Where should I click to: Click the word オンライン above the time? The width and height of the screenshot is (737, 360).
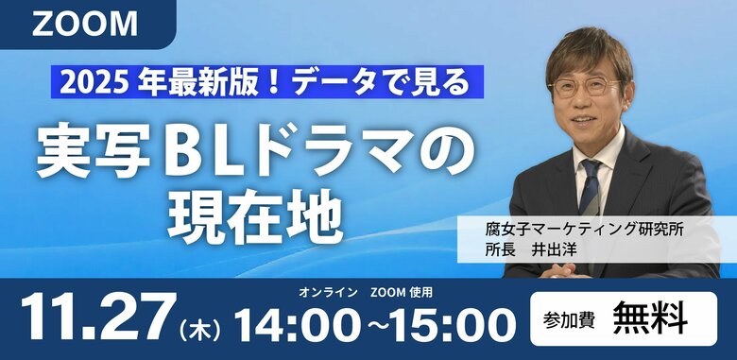pos(327,291)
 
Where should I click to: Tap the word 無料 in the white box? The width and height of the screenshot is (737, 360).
pos(649,318)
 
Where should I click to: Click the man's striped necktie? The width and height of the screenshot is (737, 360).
pos(591,188)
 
